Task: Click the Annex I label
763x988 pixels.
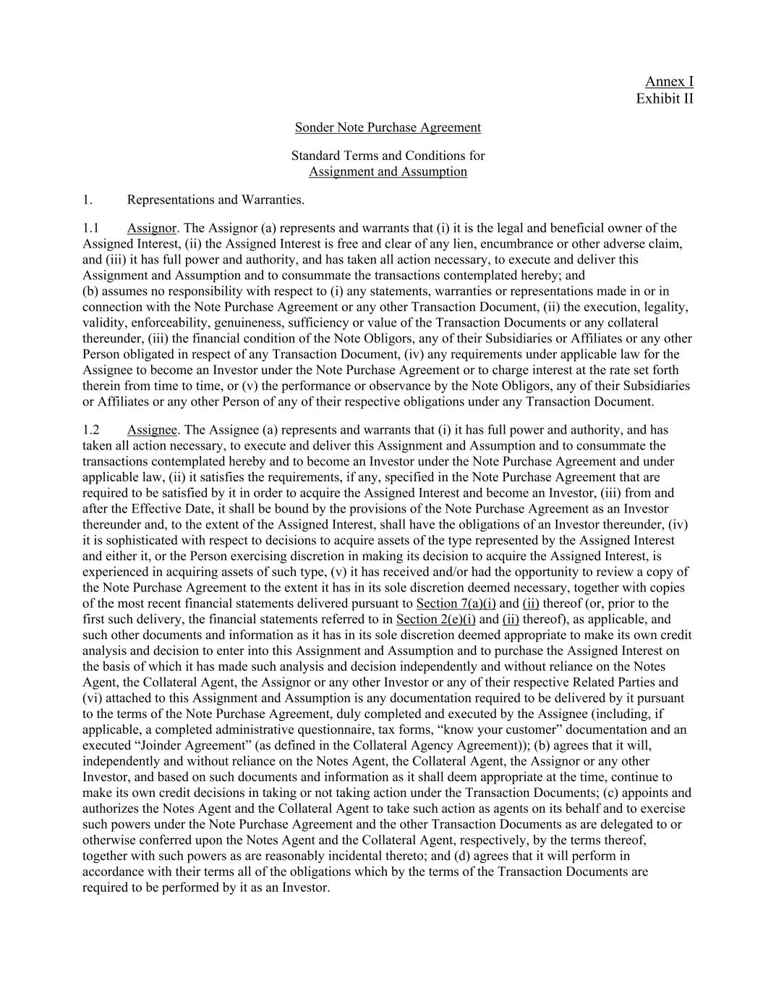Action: coord(669,81)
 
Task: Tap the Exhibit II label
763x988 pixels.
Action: coord(664,98)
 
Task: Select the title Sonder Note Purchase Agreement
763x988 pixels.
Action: coord(388,127)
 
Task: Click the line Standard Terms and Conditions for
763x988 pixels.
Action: coord(388,156)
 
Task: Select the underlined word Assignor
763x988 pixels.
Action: coord(152,228)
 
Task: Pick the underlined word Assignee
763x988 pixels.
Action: coord(152,430)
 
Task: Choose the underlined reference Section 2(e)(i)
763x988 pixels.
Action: coord(435,620)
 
